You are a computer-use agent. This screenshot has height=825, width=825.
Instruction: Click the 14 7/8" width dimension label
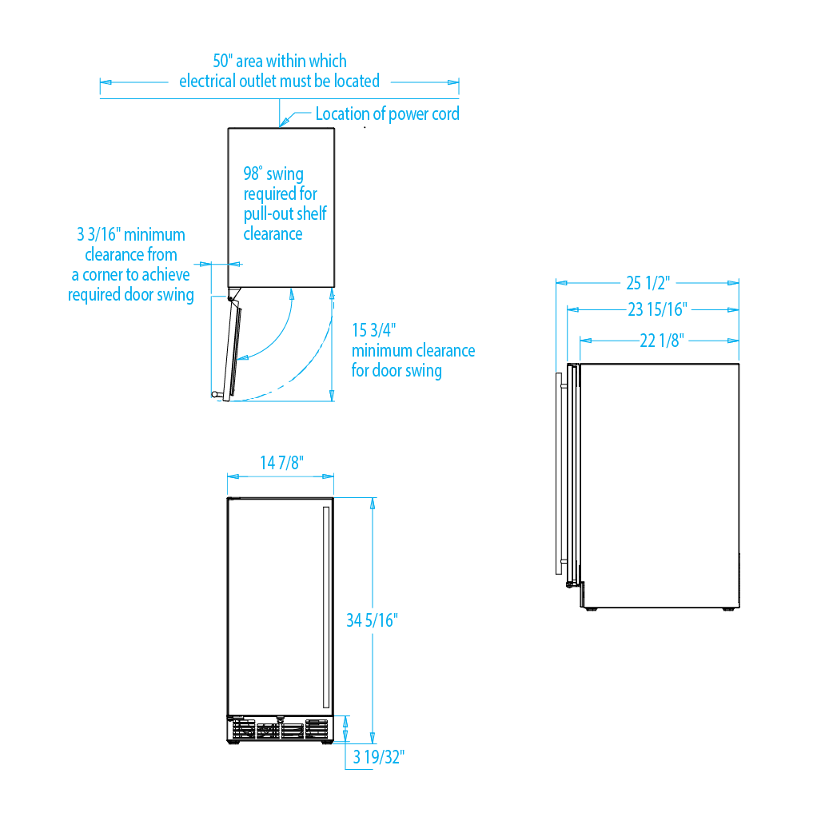(281, 464)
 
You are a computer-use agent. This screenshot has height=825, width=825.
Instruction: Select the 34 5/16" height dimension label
(372, 620)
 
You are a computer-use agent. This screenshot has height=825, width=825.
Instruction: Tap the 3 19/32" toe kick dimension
(380, 757)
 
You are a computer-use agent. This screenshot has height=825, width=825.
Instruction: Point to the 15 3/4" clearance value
(374, 330)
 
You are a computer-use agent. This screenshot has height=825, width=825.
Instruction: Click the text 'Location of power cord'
(387, 114)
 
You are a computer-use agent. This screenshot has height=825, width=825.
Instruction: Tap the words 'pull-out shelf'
(285, 214)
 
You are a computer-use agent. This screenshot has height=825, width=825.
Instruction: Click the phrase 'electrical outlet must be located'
(279, 81)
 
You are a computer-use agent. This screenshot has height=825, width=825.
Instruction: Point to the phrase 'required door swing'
(130, 295)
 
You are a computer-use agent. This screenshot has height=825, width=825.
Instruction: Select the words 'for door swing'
(397, 371)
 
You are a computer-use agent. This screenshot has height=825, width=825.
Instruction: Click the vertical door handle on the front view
(325, 608)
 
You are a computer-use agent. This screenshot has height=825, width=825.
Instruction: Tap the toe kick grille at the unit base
(280, 730)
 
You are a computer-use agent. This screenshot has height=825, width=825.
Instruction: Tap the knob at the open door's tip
(215, 394)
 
